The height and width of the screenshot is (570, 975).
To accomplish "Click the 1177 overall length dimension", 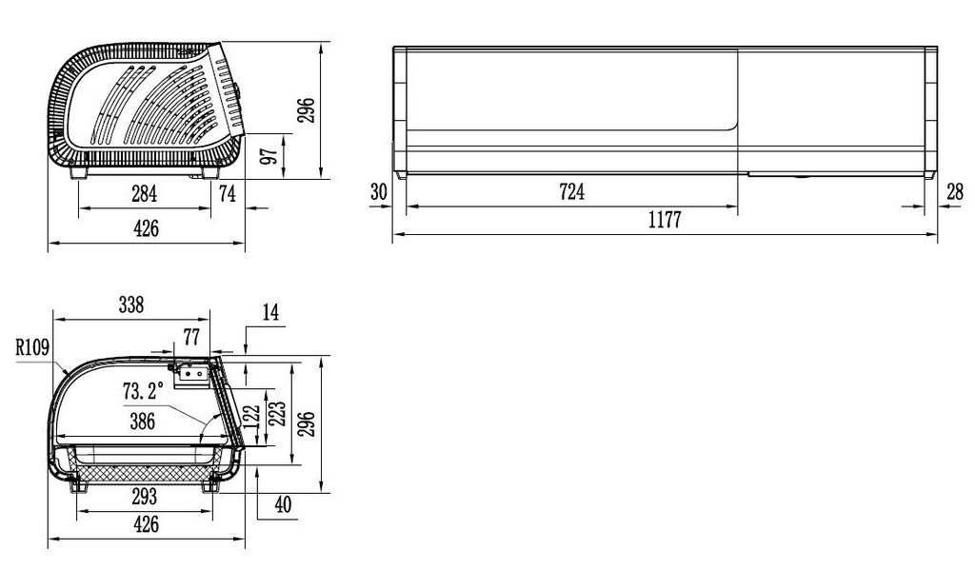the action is coord(665,220).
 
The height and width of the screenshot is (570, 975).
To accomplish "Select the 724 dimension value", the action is coord(572,191).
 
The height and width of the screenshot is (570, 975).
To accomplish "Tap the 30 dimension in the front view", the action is coord(379,191).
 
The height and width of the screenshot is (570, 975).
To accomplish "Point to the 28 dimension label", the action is coord(955,191).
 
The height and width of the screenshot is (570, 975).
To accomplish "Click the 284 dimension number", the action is coord(145,194).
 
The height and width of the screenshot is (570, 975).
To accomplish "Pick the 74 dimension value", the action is coord(228,194).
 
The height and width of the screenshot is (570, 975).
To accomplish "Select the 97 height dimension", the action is coord(269,156).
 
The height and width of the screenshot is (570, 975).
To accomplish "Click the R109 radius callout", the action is coord(32,346).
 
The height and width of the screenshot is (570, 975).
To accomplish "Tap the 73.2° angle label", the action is coord(143,392).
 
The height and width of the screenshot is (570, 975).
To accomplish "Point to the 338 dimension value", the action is coord(131,305).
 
